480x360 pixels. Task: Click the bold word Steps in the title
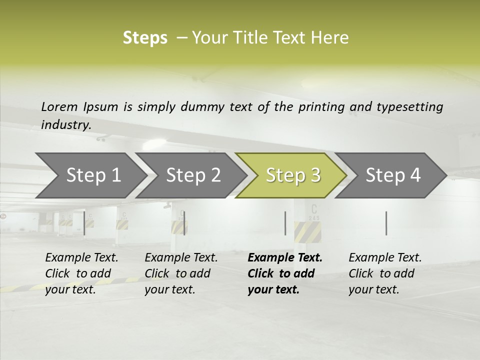[x=145, y=38]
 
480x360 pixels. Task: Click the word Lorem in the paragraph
[x=59, y=107]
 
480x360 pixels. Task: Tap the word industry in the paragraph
[x=66, y=125]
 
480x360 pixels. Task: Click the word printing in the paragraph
[x=321, y=107]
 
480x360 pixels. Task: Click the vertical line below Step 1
[x=84, y=223]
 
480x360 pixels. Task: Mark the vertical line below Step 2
[x=184, y=223]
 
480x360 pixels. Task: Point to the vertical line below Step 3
[x=285, y=223]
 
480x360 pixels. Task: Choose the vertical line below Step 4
[x=386, y=223]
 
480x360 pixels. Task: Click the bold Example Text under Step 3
[x=285, y=258]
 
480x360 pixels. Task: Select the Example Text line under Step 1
[x=81, y=258]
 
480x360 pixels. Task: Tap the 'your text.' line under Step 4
[x=373, y=289]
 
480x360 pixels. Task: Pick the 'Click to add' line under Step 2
[x=177, y=274]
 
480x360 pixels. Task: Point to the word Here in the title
[x=330, y=38]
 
